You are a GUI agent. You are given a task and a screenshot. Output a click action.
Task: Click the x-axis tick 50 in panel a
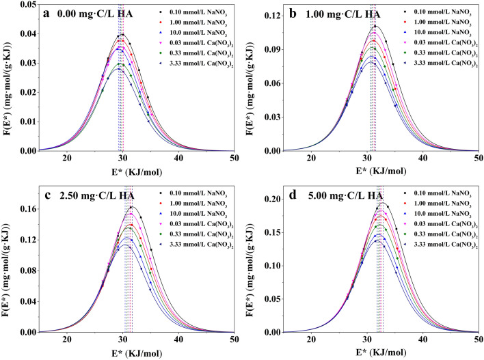click(234, 159)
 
